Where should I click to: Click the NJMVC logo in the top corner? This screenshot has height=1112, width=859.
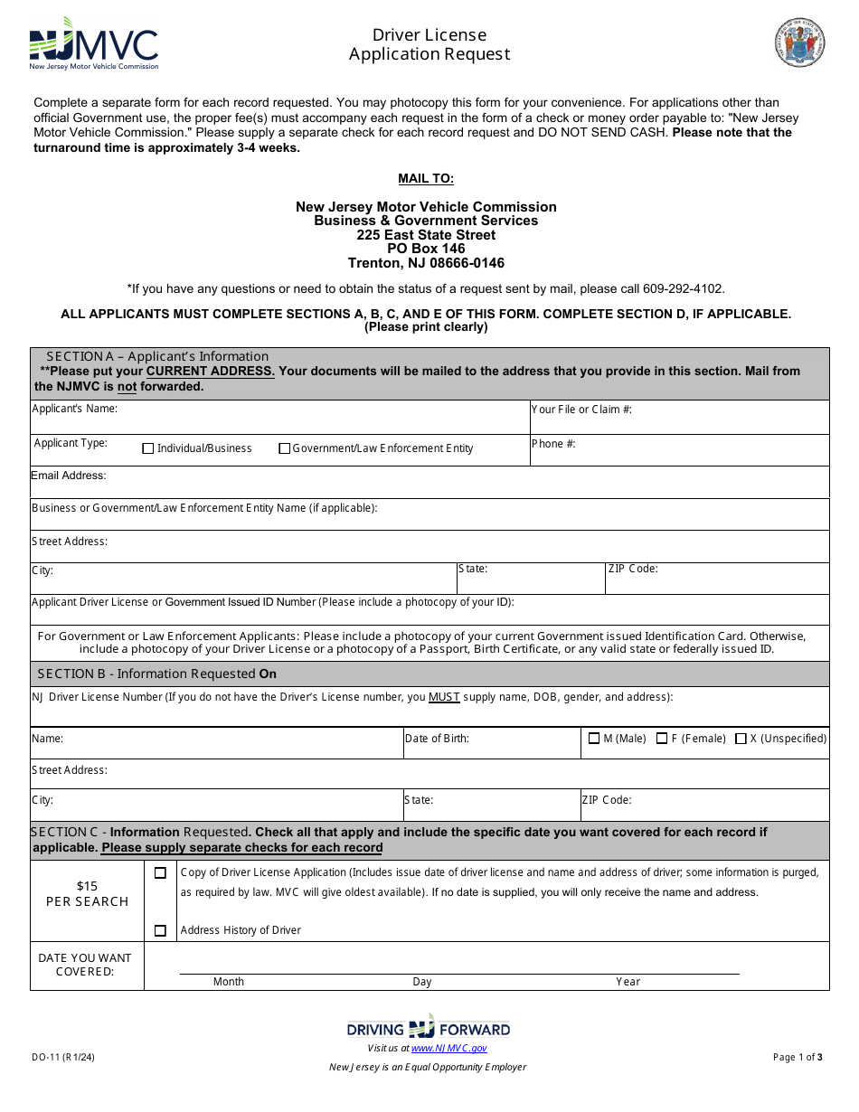(93, 43)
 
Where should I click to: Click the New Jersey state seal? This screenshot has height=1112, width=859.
(799, 42)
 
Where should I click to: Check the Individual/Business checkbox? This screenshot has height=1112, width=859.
(148, 448)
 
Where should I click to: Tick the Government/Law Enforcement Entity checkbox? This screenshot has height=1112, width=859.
(284, 448)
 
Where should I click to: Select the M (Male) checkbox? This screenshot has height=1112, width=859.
(594, 739)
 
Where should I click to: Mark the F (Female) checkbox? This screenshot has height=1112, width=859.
(662, 739)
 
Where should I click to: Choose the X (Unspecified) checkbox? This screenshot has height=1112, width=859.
(741, 739)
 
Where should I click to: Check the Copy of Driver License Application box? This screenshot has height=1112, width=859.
(160, 873)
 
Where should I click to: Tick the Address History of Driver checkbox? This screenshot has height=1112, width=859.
(160, 930)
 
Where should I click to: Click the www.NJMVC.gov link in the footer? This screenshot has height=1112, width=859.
(448, 1048)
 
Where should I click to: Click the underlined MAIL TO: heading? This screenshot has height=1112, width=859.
(426, 179)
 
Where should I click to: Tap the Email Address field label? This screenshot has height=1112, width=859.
(69, 476)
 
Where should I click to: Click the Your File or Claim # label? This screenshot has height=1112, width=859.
(581, 410)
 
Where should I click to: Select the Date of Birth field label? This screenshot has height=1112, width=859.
(437, 739)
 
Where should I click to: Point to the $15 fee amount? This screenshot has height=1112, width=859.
(87, 886)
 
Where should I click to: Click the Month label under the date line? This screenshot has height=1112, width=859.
(228, 982)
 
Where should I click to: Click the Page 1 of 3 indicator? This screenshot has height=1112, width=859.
(798, 1057)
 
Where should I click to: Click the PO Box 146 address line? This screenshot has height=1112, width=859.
(426, 249)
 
